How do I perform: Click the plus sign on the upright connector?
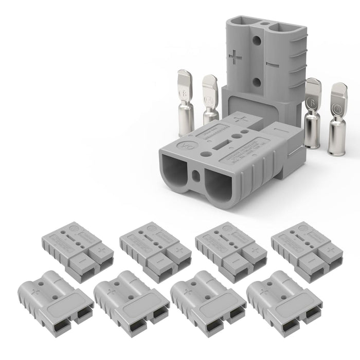(x=235, y=57)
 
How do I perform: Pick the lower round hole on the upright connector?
(x=256, y=82)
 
